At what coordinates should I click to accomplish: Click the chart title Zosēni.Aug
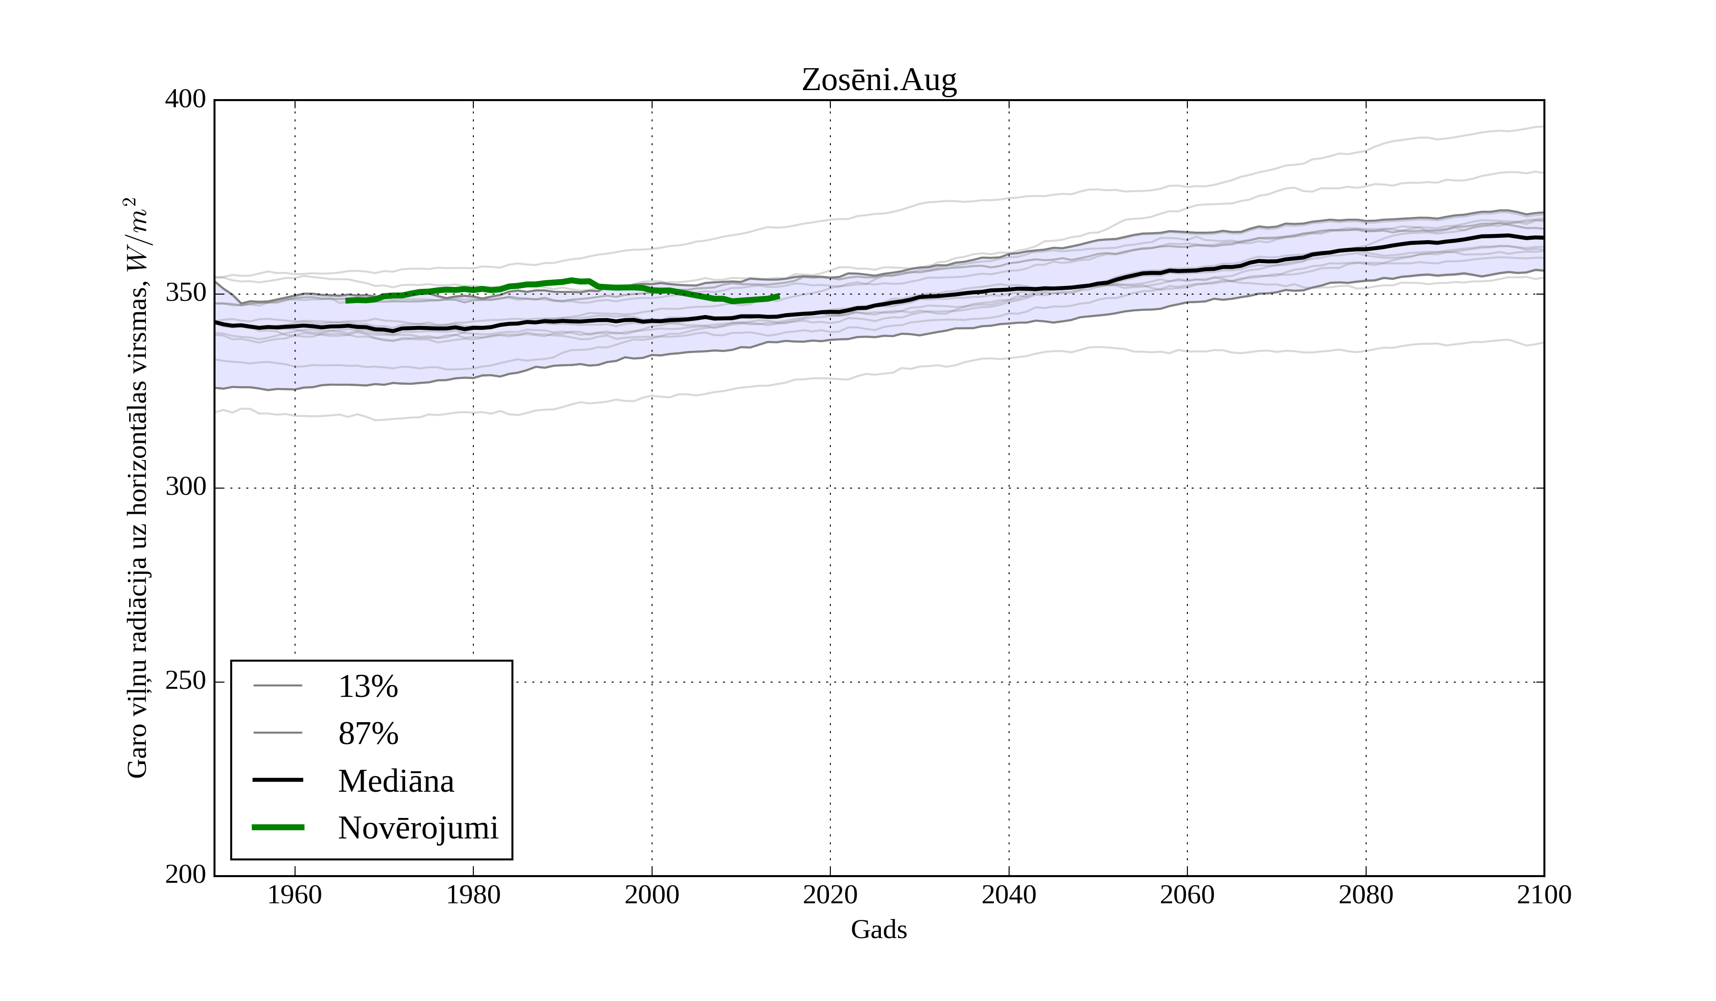point(878,81)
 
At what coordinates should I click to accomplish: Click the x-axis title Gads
point(878,929)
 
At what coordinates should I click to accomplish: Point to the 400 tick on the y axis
point(185,100)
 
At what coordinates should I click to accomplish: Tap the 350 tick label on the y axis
point(185,294)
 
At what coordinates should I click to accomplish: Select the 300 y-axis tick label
point(185,488)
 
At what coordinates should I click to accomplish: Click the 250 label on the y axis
point(185,681)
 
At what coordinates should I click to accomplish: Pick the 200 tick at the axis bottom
point(185,875)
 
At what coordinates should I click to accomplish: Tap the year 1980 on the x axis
point(473,895)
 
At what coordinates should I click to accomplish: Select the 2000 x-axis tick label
point(652,895)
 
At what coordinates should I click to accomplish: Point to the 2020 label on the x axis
point(830,895)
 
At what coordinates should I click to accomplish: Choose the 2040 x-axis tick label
point(1009,895)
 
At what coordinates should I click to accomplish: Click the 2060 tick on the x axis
point(1187,895)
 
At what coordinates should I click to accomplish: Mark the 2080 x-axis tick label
point(1365,895)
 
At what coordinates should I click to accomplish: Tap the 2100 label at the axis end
point(1544,895)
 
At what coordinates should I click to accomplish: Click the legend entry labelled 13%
point(368,686)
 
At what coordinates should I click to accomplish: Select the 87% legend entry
point(368,734)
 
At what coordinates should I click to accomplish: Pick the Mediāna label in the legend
point(396,780)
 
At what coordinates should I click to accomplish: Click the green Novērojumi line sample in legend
point(278,827)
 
